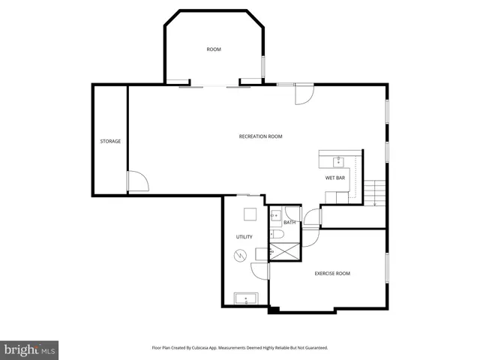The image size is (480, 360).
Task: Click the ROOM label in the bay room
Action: [214, 49]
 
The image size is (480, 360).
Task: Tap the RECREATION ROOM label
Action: [260, 136]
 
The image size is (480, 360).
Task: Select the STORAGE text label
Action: [110, 141]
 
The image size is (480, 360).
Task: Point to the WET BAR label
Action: [334, 178]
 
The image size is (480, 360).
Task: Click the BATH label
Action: [289, 223]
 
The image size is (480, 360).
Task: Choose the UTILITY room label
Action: [244, 237]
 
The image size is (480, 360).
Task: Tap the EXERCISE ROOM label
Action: [332, 274]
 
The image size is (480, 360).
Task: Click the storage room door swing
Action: [137, 182]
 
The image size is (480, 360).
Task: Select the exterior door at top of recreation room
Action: [304, 94]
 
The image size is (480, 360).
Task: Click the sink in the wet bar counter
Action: [338, 160]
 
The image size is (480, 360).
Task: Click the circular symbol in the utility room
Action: [240, 256]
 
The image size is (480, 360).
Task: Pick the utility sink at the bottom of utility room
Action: [246, 298]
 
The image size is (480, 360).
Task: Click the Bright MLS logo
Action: [29, 349]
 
